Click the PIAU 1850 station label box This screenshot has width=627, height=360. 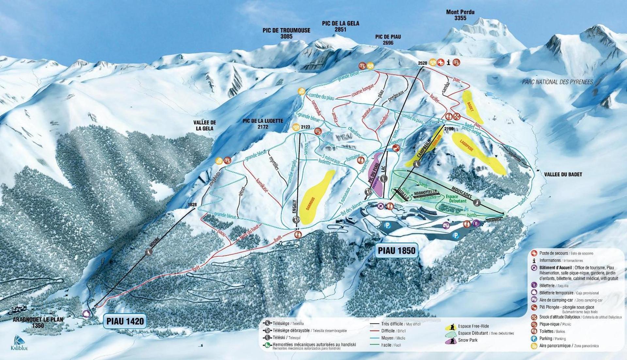click(396, 251)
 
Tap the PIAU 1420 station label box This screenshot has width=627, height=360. click(125, 321)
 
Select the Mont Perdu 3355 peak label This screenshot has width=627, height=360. click(460, 15)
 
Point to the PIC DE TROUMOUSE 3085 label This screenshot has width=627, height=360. click(286, 33)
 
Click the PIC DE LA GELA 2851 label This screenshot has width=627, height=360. click(340, 26)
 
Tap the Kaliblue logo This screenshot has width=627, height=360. click(19, 343)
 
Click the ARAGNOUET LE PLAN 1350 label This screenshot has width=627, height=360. click(38, 322)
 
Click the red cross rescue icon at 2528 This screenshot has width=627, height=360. click(441, 62)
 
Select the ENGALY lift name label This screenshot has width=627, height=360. click(294, 206)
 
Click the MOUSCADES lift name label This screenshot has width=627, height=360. click(462, 193)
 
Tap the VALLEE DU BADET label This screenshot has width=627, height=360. click(563, 175)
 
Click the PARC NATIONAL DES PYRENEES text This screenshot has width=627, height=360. click(557, 82)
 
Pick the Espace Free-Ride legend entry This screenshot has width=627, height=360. click(473, 326)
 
